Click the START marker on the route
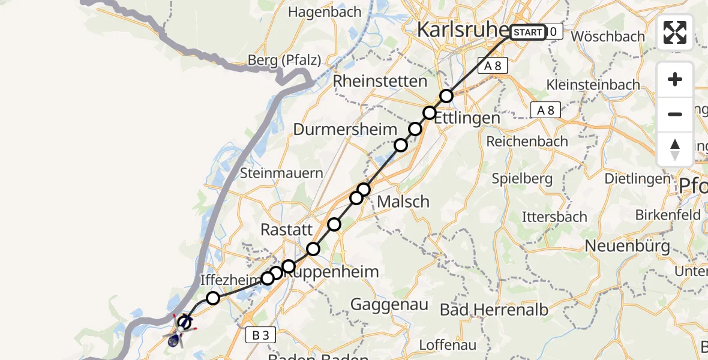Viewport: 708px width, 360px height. click(x=528, y=32)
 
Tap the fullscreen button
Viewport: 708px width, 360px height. click(x=675, y=32)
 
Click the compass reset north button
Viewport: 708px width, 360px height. click(x=675, y=149)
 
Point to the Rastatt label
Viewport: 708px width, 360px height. click(x=287, y=230)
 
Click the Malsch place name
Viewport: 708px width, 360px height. click(x=403, y=202)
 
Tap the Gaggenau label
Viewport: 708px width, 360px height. click(x=389, y=305)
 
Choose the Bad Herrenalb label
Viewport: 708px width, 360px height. click(x=494, y=310)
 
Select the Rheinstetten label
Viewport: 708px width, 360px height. click(x=380, y=81)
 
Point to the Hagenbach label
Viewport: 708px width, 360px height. click(x=325, y=12)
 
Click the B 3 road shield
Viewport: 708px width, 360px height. click(x=260, y=335)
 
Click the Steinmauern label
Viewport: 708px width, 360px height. click(x=281, y=173)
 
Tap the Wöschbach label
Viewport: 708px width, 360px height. click(x=607, y=36)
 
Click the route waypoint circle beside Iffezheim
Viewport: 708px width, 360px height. click(x=212, y=298)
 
